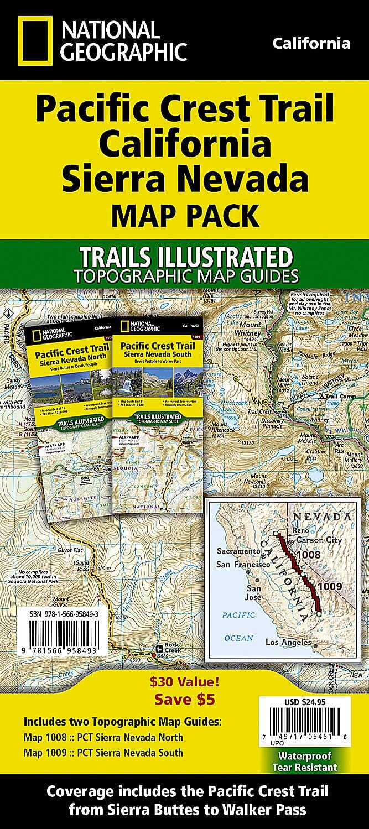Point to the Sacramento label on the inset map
coord(238,535)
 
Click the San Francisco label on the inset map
coord(243,549)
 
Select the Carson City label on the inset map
coord(319,540)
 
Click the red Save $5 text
coord(184,699)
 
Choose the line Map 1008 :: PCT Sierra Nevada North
coord(103,737)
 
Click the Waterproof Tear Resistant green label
coord(305,762)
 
